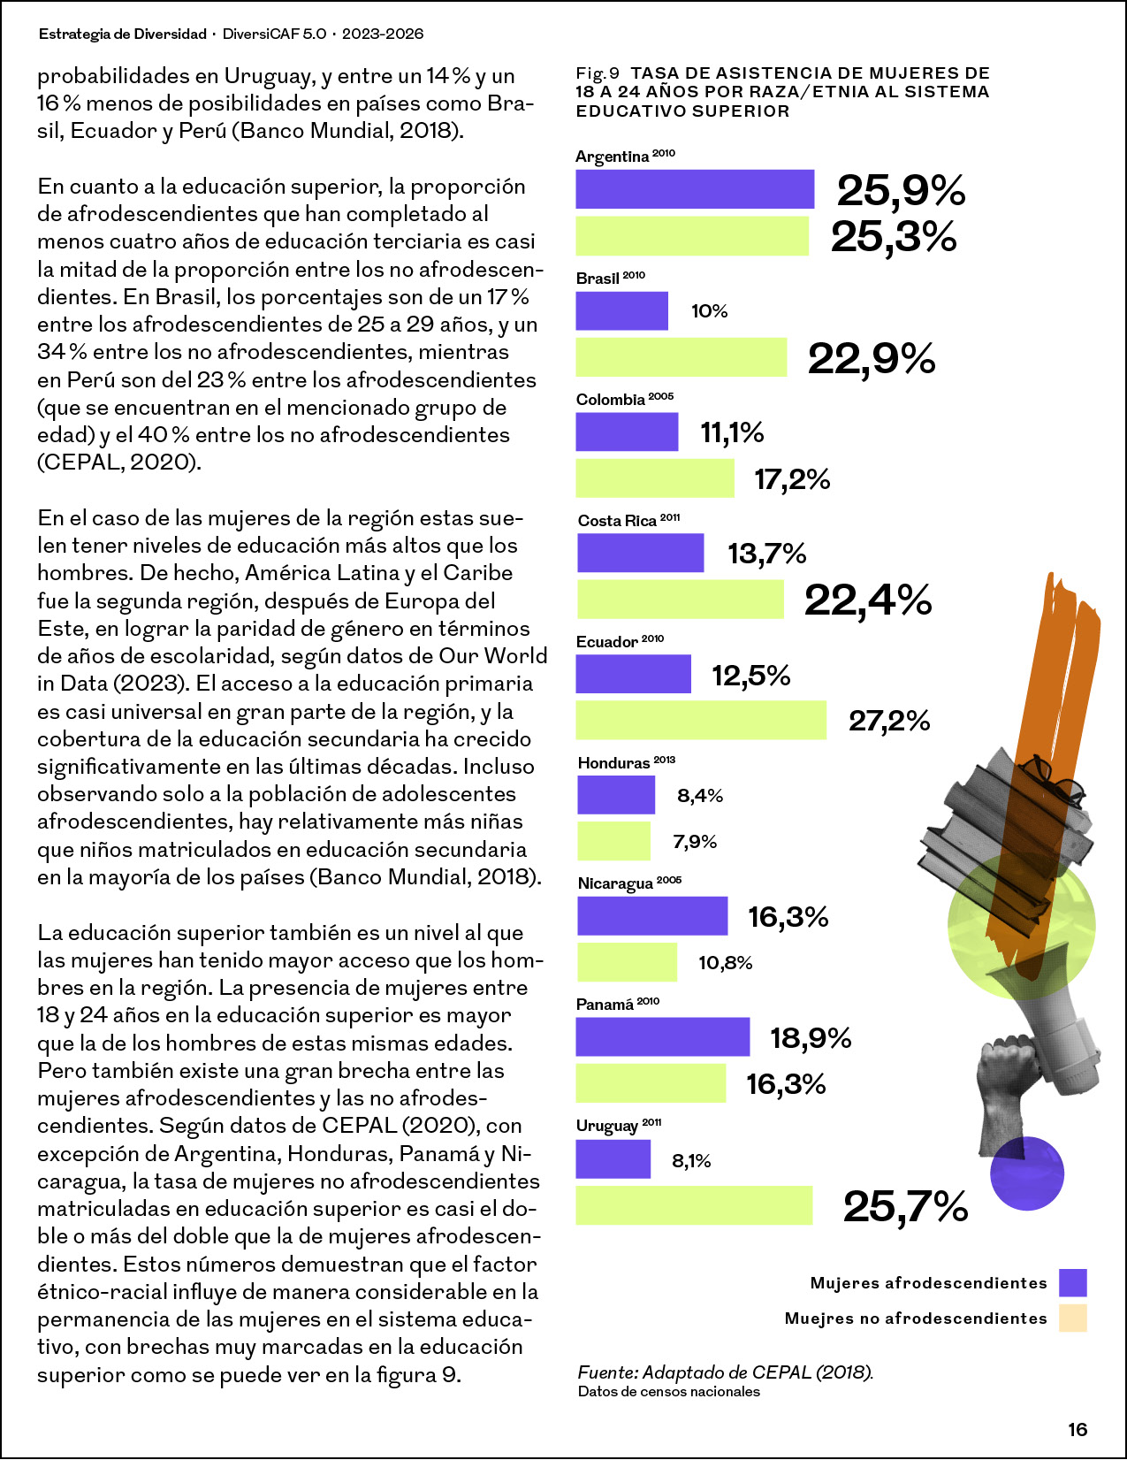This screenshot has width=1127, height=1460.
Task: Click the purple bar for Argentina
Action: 695,189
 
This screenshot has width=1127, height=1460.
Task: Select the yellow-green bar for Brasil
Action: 681,356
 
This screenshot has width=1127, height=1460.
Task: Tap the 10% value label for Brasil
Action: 709,311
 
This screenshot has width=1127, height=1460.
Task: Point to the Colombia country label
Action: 610,400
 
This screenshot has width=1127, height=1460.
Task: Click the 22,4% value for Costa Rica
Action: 868,600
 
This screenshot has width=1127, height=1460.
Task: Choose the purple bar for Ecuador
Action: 634,673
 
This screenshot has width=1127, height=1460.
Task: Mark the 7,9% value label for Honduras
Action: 695,841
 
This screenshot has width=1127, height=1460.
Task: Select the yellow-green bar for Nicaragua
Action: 628,962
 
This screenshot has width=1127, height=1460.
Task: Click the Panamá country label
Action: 605,1005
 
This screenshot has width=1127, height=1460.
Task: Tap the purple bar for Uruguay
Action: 613,1159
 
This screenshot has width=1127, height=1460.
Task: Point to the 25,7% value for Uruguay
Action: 905,1206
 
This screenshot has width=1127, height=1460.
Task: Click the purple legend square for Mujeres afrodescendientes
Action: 1072,1282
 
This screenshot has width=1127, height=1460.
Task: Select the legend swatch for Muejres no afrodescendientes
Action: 1072,1318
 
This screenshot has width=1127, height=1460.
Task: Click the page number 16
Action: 1078,1430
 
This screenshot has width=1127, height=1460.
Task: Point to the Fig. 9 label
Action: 597,73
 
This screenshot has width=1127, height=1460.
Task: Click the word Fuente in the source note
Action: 606,1372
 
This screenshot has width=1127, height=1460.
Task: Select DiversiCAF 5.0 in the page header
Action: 274,34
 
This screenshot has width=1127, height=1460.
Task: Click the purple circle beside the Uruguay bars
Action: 1027,1173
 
